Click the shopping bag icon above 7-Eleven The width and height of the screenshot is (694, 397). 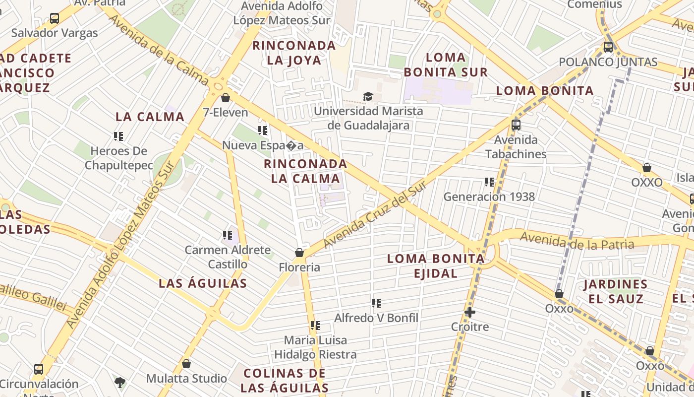[x=226, y=98]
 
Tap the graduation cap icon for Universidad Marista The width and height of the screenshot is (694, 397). [x=368, y=96]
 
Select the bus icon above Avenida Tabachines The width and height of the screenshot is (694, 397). [x=516, y=125]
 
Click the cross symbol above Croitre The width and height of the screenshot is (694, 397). [x=470, y=312]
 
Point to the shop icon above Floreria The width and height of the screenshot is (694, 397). [x=299, y=253]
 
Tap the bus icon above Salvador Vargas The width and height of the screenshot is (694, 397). [x=55, y=19]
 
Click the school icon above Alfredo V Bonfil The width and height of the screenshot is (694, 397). [x=376, y=303]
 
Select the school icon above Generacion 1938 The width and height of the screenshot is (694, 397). [x=489, y=182]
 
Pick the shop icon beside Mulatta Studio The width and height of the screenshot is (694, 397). [x=186, y=364]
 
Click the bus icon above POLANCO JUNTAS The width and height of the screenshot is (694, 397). [x=608, y=48]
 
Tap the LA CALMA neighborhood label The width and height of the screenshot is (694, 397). [x=150, y=117]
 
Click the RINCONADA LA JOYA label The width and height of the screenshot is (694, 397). [x=294, y=53]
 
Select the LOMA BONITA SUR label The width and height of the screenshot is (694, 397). [x=446, y=65]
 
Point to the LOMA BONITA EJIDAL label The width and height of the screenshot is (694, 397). [x=436, y=265]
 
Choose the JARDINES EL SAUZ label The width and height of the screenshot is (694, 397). [x=615, y=291]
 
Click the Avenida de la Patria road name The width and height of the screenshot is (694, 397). [x=577, y=242]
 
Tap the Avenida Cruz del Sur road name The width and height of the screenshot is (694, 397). [x=375, y=214]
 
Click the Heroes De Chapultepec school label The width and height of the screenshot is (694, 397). [x=119, y=158]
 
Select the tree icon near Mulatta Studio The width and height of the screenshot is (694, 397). [x=119, y=382]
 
